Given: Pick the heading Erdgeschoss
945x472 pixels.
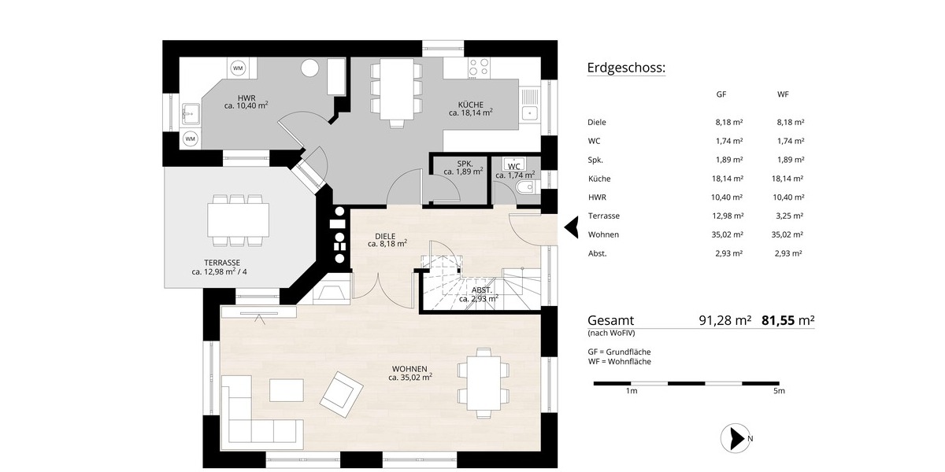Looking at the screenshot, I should click(x=626, y=68).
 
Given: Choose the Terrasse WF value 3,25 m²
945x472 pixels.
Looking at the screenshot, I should click(x=787, y=216).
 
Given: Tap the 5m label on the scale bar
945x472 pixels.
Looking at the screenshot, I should click(x=779, y=391).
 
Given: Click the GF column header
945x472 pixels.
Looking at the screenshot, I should click(x=721, y=94).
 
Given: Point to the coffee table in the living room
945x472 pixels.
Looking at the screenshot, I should click(x=287, y=390).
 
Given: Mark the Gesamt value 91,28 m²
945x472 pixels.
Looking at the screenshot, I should click(x=724, y=320).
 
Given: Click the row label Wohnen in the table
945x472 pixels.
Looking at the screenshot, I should click(x=602, y=234).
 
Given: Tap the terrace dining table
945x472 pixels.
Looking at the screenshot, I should click(x=237, y=219).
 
